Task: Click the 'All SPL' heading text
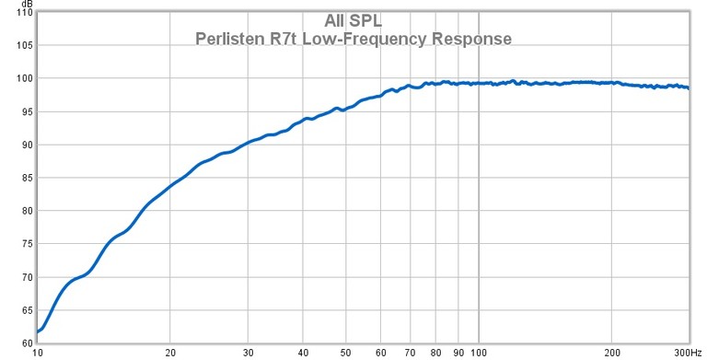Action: click(x=353, y=20)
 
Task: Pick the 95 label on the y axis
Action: click(x=24, y=111)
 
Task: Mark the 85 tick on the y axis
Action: click(x=24, y=178)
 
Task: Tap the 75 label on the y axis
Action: click(x=24, y=244)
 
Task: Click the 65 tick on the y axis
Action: click(x=24, y=310)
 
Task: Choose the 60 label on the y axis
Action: click(x=24, y=343)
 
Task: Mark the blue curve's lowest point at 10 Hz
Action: click(x=38, y=331)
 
